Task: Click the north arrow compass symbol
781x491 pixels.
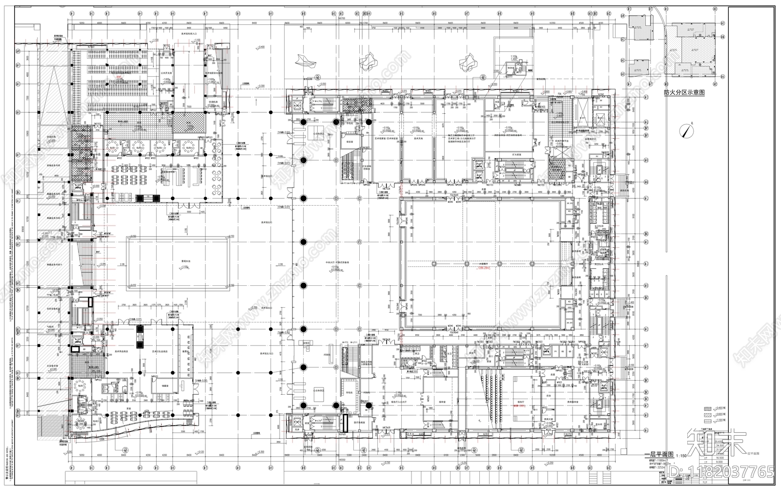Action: (688, 130)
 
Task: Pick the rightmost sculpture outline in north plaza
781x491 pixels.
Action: (470, 61)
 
